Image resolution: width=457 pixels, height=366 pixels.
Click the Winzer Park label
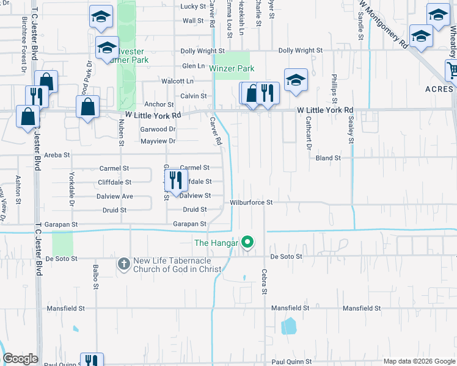[x=232, y=69]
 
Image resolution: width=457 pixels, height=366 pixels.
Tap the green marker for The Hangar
[x=247, y=243]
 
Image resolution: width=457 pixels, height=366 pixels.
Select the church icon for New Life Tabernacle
[x=123, y=264]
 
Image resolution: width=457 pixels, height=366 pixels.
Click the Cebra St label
[x=265, y=282]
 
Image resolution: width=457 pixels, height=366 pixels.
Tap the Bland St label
[x=328, y=158]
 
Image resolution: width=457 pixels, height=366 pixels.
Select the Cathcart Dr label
[x=309, y=135]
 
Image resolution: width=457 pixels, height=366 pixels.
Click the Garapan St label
[x=189, y=224]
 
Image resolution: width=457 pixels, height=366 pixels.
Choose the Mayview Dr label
[x=158, y=142]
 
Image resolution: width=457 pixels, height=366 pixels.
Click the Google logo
[x=21, y=359]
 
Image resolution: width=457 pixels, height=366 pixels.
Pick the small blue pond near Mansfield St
[x=288, y=326]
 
